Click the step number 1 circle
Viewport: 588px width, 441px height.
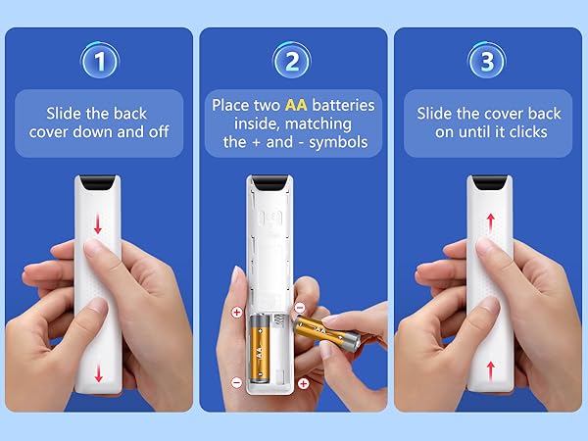tap(98, 62)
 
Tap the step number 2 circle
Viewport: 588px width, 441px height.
tap(292, 62)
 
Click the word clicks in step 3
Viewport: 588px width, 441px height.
tap(526, 132)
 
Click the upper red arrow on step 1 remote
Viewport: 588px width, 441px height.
tap(97, 224)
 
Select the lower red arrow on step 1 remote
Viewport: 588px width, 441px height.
tap(97, 371)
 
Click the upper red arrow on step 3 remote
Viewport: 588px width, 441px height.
tap(489, 224)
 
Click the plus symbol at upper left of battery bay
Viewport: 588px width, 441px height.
tap(236, 313)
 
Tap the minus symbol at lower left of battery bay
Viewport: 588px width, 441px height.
tap(236, 384)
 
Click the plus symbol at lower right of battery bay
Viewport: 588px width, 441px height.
tap(303, 383)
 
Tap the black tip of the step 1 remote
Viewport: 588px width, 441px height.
tap(98, 183)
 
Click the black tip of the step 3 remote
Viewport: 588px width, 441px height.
tap(489, 183)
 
